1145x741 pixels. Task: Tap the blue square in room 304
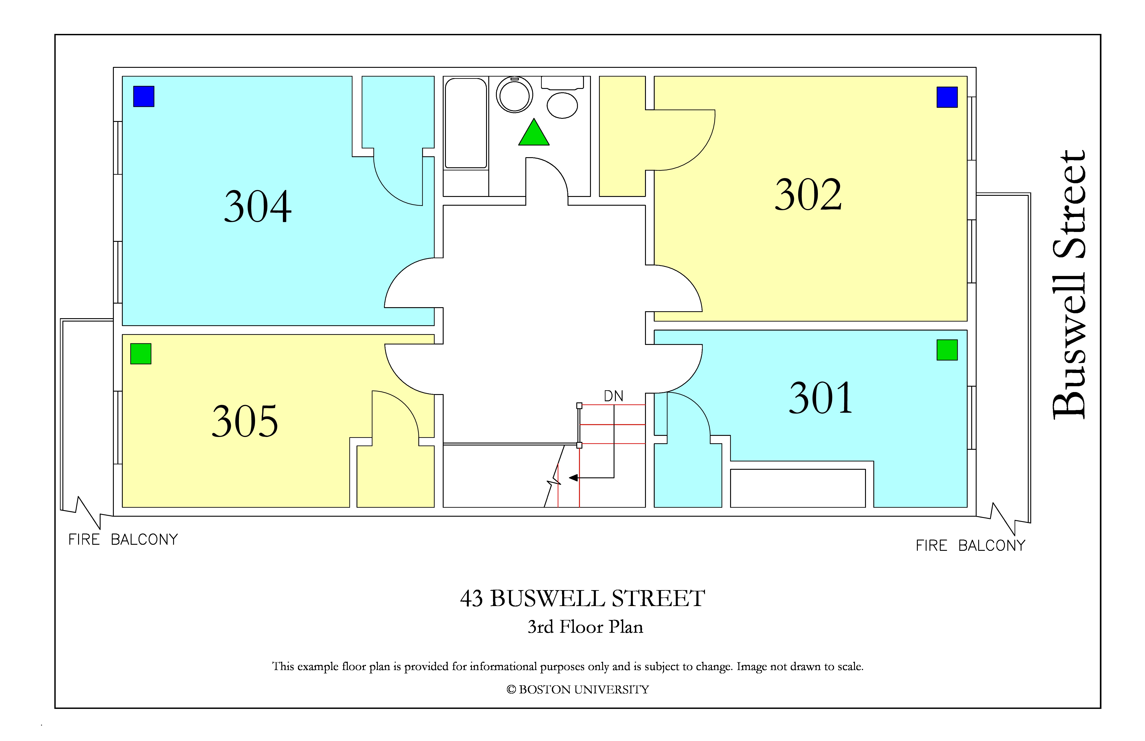click(x=144, y=96)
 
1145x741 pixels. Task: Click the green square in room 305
click(x=141, y=354)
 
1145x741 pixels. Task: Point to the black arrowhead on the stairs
click(x=573, y=478)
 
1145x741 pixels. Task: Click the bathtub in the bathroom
click(x=466, y=123)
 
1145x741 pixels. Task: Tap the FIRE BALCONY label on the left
click(x=123, y=539)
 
